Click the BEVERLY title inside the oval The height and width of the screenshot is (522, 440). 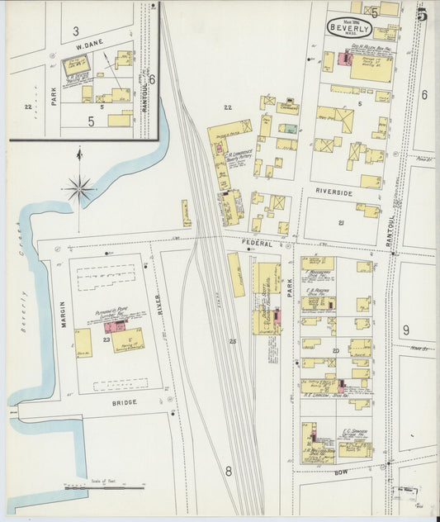click(349, 27)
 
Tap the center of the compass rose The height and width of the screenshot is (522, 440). click(80, 189)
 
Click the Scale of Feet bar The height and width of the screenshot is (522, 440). click(98, 487)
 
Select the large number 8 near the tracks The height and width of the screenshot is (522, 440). click(229, 472)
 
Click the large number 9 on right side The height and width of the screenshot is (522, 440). click(405, 330)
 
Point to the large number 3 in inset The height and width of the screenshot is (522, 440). click(74, 31)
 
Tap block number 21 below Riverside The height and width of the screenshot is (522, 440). click(340, 223)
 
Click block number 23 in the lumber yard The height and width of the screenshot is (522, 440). click(106, 339)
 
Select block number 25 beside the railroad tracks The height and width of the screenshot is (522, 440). click(233, 341)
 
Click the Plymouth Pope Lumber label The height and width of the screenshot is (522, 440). click(112, 316)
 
